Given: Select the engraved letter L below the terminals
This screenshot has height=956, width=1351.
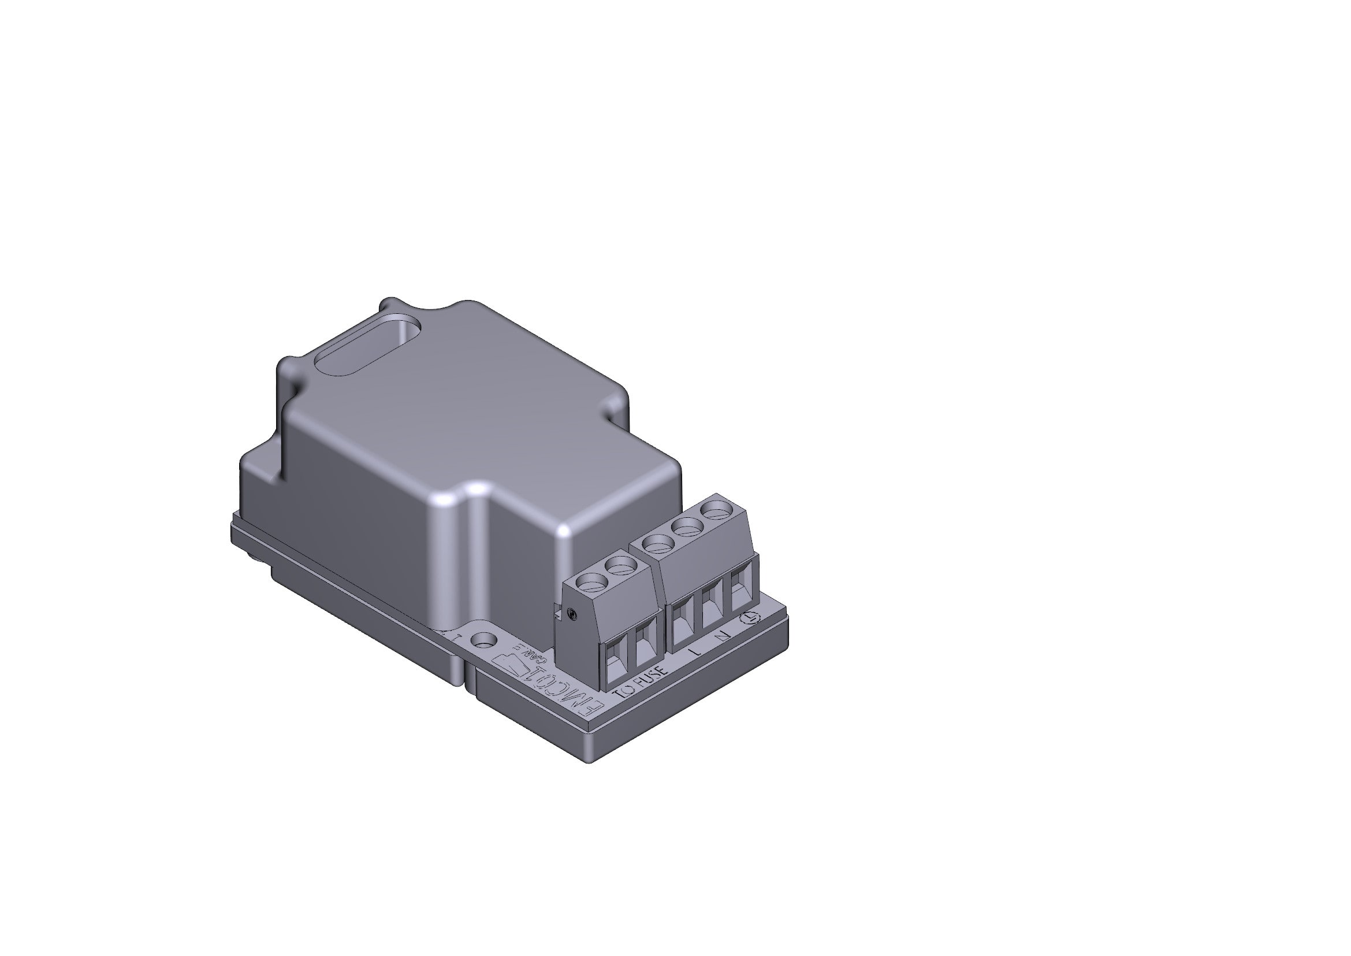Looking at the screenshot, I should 696,651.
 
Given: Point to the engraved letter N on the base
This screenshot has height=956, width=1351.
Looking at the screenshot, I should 724,635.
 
